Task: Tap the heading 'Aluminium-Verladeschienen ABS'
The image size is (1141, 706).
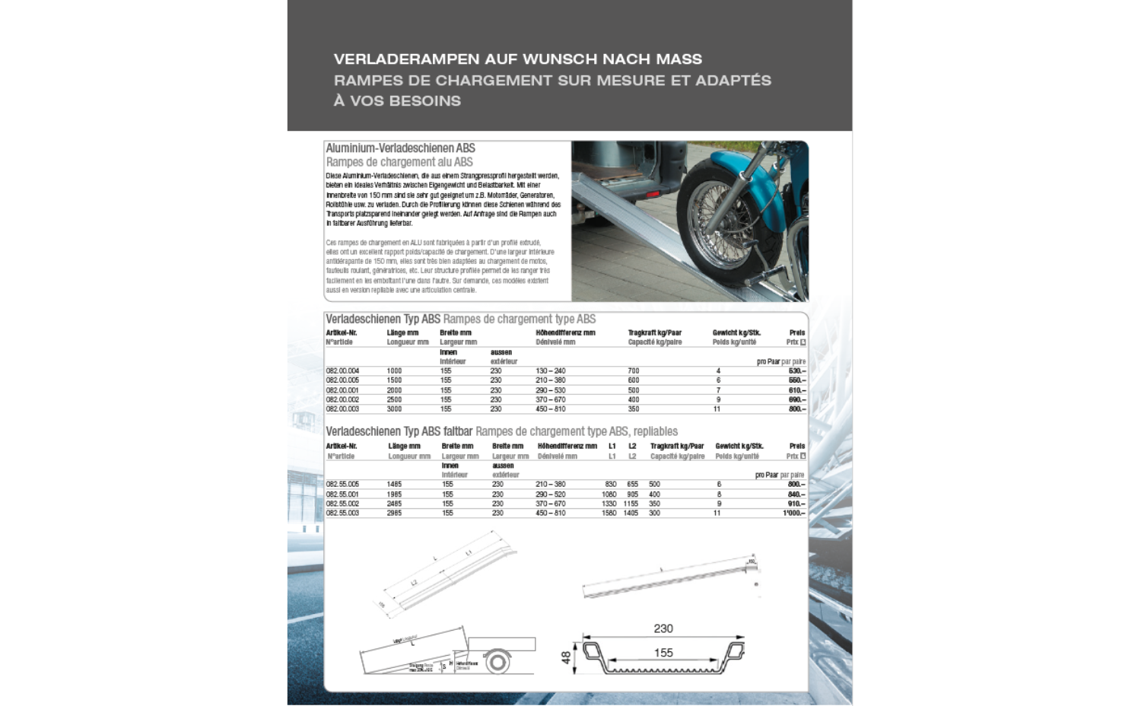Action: (400, 148)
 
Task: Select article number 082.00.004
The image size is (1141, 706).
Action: (342, 371)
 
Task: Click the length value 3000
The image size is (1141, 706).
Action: (394, 409)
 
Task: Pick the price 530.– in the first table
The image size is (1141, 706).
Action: (796, 371)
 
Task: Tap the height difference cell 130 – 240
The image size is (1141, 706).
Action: (550, 371)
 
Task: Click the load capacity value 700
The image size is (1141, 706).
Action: (633, 371)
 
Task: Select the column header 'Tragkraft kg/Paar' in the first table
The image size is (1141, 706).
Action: (654, 333)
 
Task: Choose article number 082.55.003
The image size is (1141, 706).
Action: (342, 514)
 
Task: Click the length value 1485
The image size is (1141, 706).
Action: (394, 485)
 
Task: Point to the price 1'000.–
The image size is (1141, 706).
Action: (793, 514)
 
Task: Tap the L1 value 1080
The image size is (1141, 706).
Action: (609, 495)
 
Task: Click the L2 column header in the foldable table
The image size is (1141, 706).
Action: (632, 447)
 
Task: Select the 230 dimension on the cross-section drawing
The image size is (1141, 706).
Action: (663, 629)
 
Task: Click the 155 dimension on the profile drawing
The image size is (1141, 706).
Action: (663, 653)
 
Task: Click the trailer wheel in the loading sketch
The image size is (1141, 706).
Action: (497, 662)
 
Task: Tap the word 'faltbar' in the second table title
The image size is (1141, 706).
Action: (459, 431)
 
